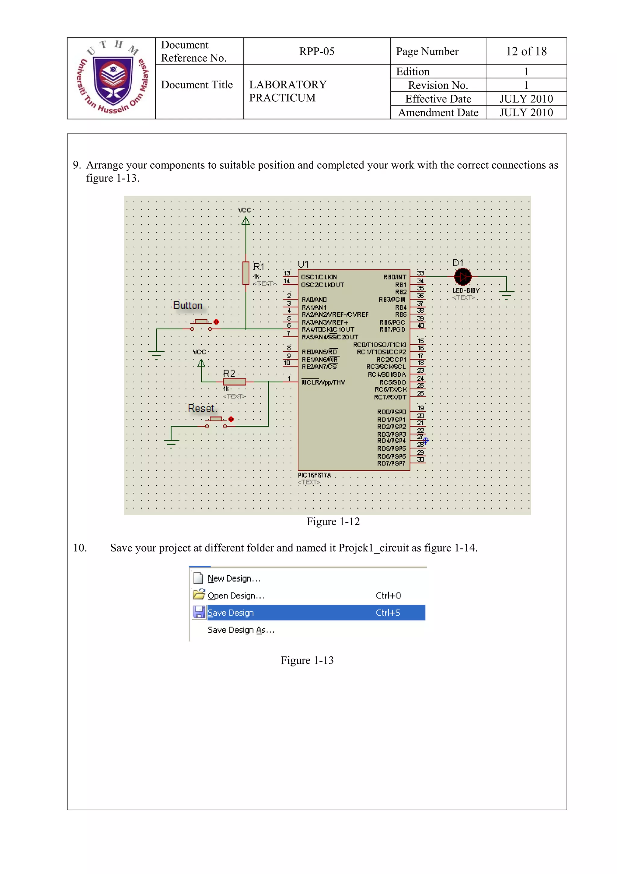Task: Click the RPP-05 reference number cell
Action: coord(316,51)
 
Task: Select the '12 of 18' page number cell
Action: coord(526,51)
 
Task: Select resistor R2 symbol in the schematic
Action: coord(234,382)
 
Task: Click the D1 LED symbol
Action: coord(463,277)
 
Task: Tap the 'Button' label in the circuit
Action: coord(188,306)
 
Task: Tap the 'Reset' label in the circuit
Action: coord(201,408)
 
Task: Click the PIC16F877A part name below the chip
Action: coord(315,475)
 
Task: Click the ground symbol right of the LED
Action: coord(506,294)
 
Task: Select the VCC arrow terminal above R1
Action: coord(246,221)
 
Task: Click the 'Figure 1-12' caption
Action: coord(333,522)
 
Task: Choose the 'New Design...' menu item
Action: coord(234,579)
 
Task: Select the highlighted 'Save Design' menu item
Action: coord(230,613)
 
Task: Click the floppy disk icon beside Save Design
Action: coord(199,612)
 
